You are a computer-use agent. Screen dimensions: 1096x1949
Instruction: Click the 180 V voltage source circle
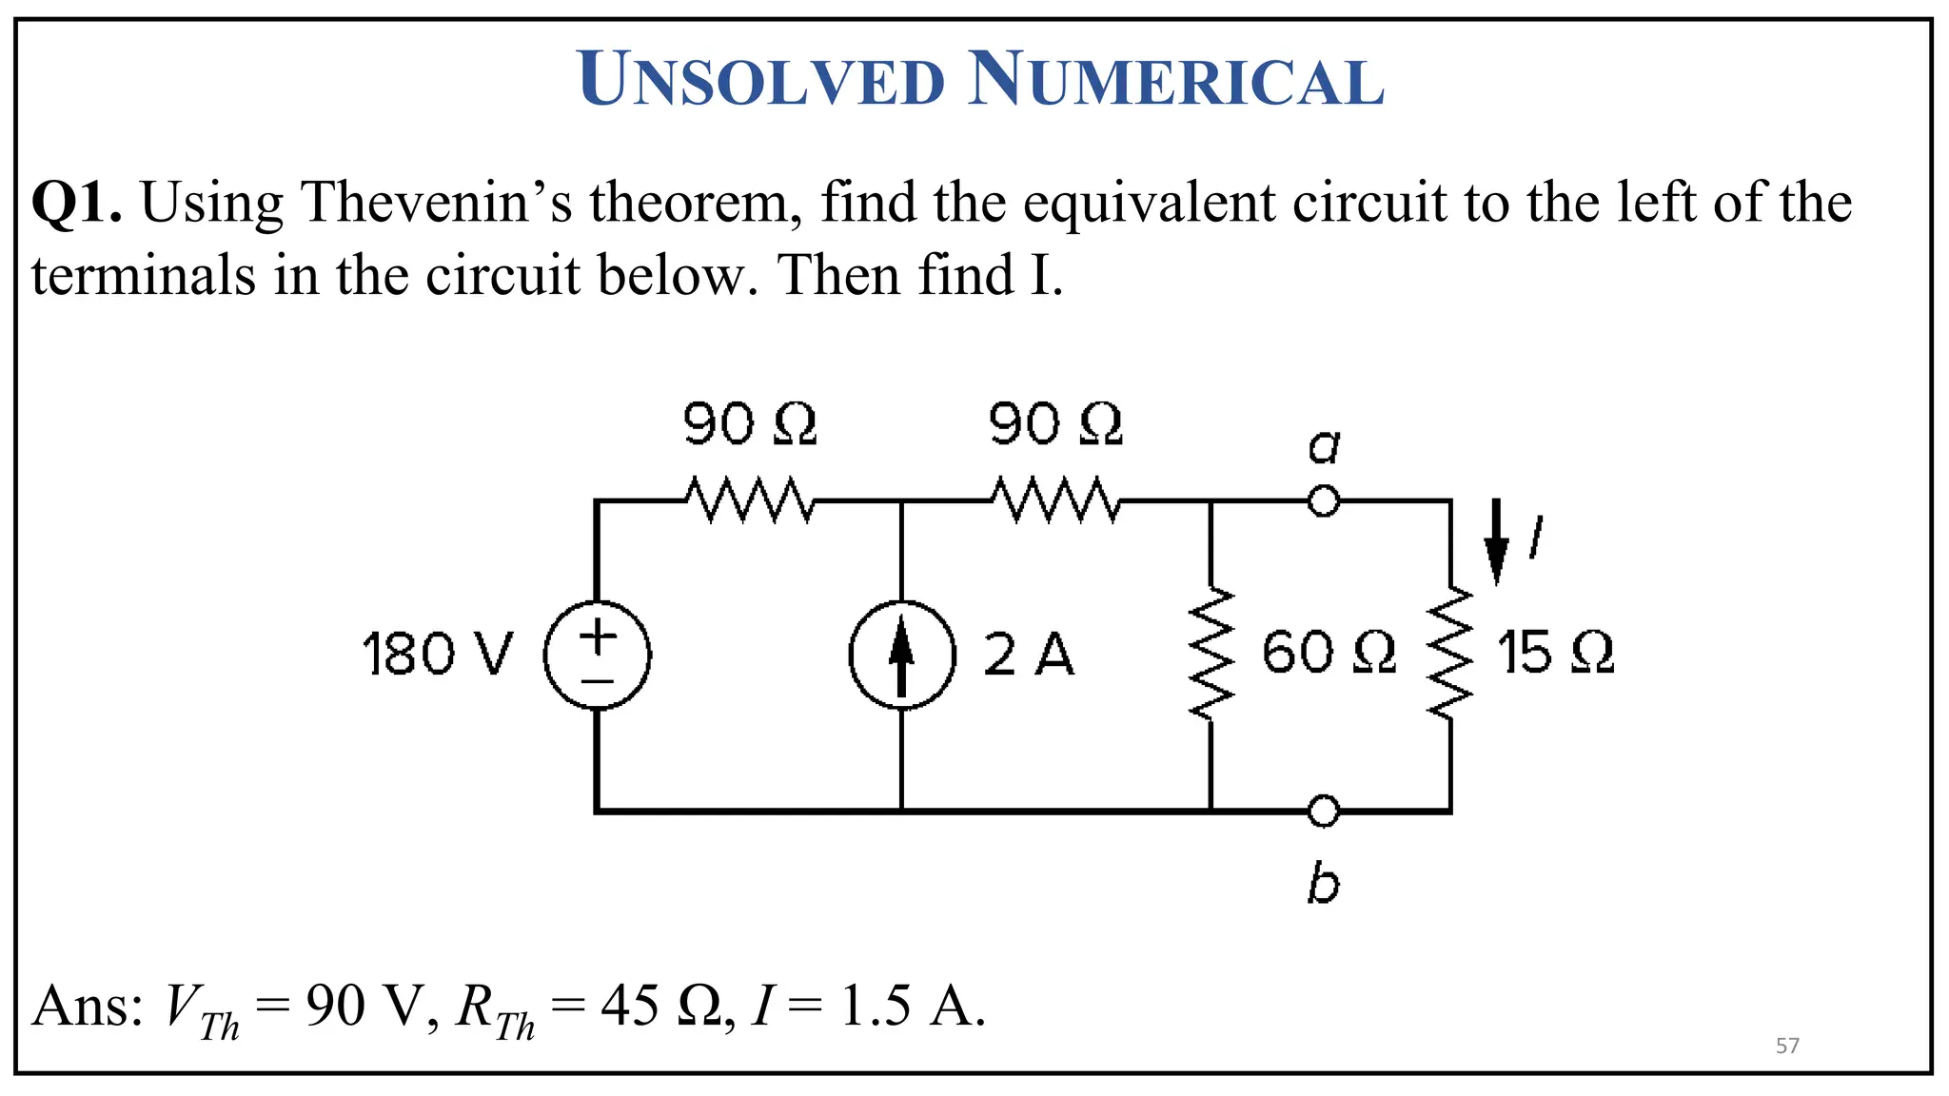click(597, 656)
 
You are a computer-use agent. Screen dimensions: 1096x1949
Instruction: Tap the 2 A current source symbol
click(901, 656)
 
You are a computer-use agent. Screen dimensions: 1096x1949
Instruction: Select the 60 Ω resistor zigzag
click(1211, 656)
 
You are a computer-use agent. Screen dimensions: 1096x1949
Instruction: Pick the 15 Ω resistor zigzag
click(1449, 656)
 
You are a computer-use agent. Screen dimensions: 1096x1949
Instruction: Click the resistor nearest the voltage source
click(749, 500)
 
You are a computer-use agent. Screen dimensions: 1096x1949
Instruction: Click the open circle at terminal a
click(1323, 500)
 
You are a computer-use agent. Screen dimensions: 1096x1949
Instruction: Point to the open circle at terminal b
click(1323, 812)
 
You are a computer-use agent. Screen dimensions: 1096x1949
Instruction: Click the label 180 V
click(438, 656)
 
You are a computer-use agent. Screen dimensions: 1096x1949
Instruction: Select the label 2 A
click(1028, 656)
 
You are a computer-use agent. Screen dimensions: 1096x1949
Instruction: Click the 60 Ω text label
click(1329, 654)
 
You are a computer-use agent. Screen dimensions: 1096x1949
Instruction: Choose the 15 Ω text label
click(1555, 654)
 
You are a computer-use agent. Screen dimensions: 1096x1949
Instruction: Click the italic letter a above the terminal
click(1324, 446)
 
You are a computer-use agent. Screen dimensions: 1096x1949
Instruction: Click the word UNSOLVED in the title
click(761, 80)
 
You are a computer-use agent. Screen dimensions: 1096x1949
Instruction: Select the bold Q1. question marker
click(76, 204)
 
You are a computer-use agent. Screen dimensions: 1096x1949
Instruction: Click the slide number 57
click(1787, 1047)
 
